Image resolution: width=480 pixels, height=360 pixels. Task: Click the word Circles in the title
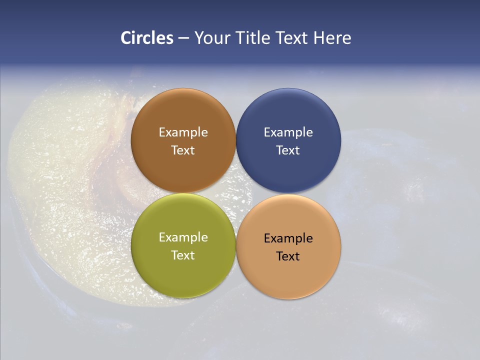(146, 38)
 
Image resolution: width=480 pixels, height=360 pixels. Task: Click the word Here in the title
(332, 38)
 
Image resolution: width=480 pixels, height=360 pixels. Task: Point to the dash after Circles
(183, 38)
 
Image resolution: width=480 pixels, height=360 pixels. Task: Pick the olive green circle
(183, 272)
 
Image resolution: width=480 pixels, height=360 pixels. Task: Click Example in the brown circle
(183, 132)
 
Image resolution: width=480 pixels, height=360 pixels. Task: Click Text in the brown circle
(183, 150)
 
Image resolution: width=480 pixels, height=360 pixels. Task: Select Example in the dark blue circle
(288, 132)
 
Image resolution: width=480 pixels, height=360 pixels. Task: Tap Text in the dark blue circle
(288, 150)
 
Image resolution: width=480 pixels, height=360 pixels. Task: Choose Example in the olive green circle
(183, 237)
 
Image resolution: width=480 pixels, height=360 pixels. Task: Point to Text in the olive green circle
(183, 255)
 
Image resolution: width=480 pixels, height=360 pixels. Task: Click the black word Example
(288, 238)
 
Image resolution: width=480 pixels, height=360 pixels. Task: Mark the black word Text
(288, 256)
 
